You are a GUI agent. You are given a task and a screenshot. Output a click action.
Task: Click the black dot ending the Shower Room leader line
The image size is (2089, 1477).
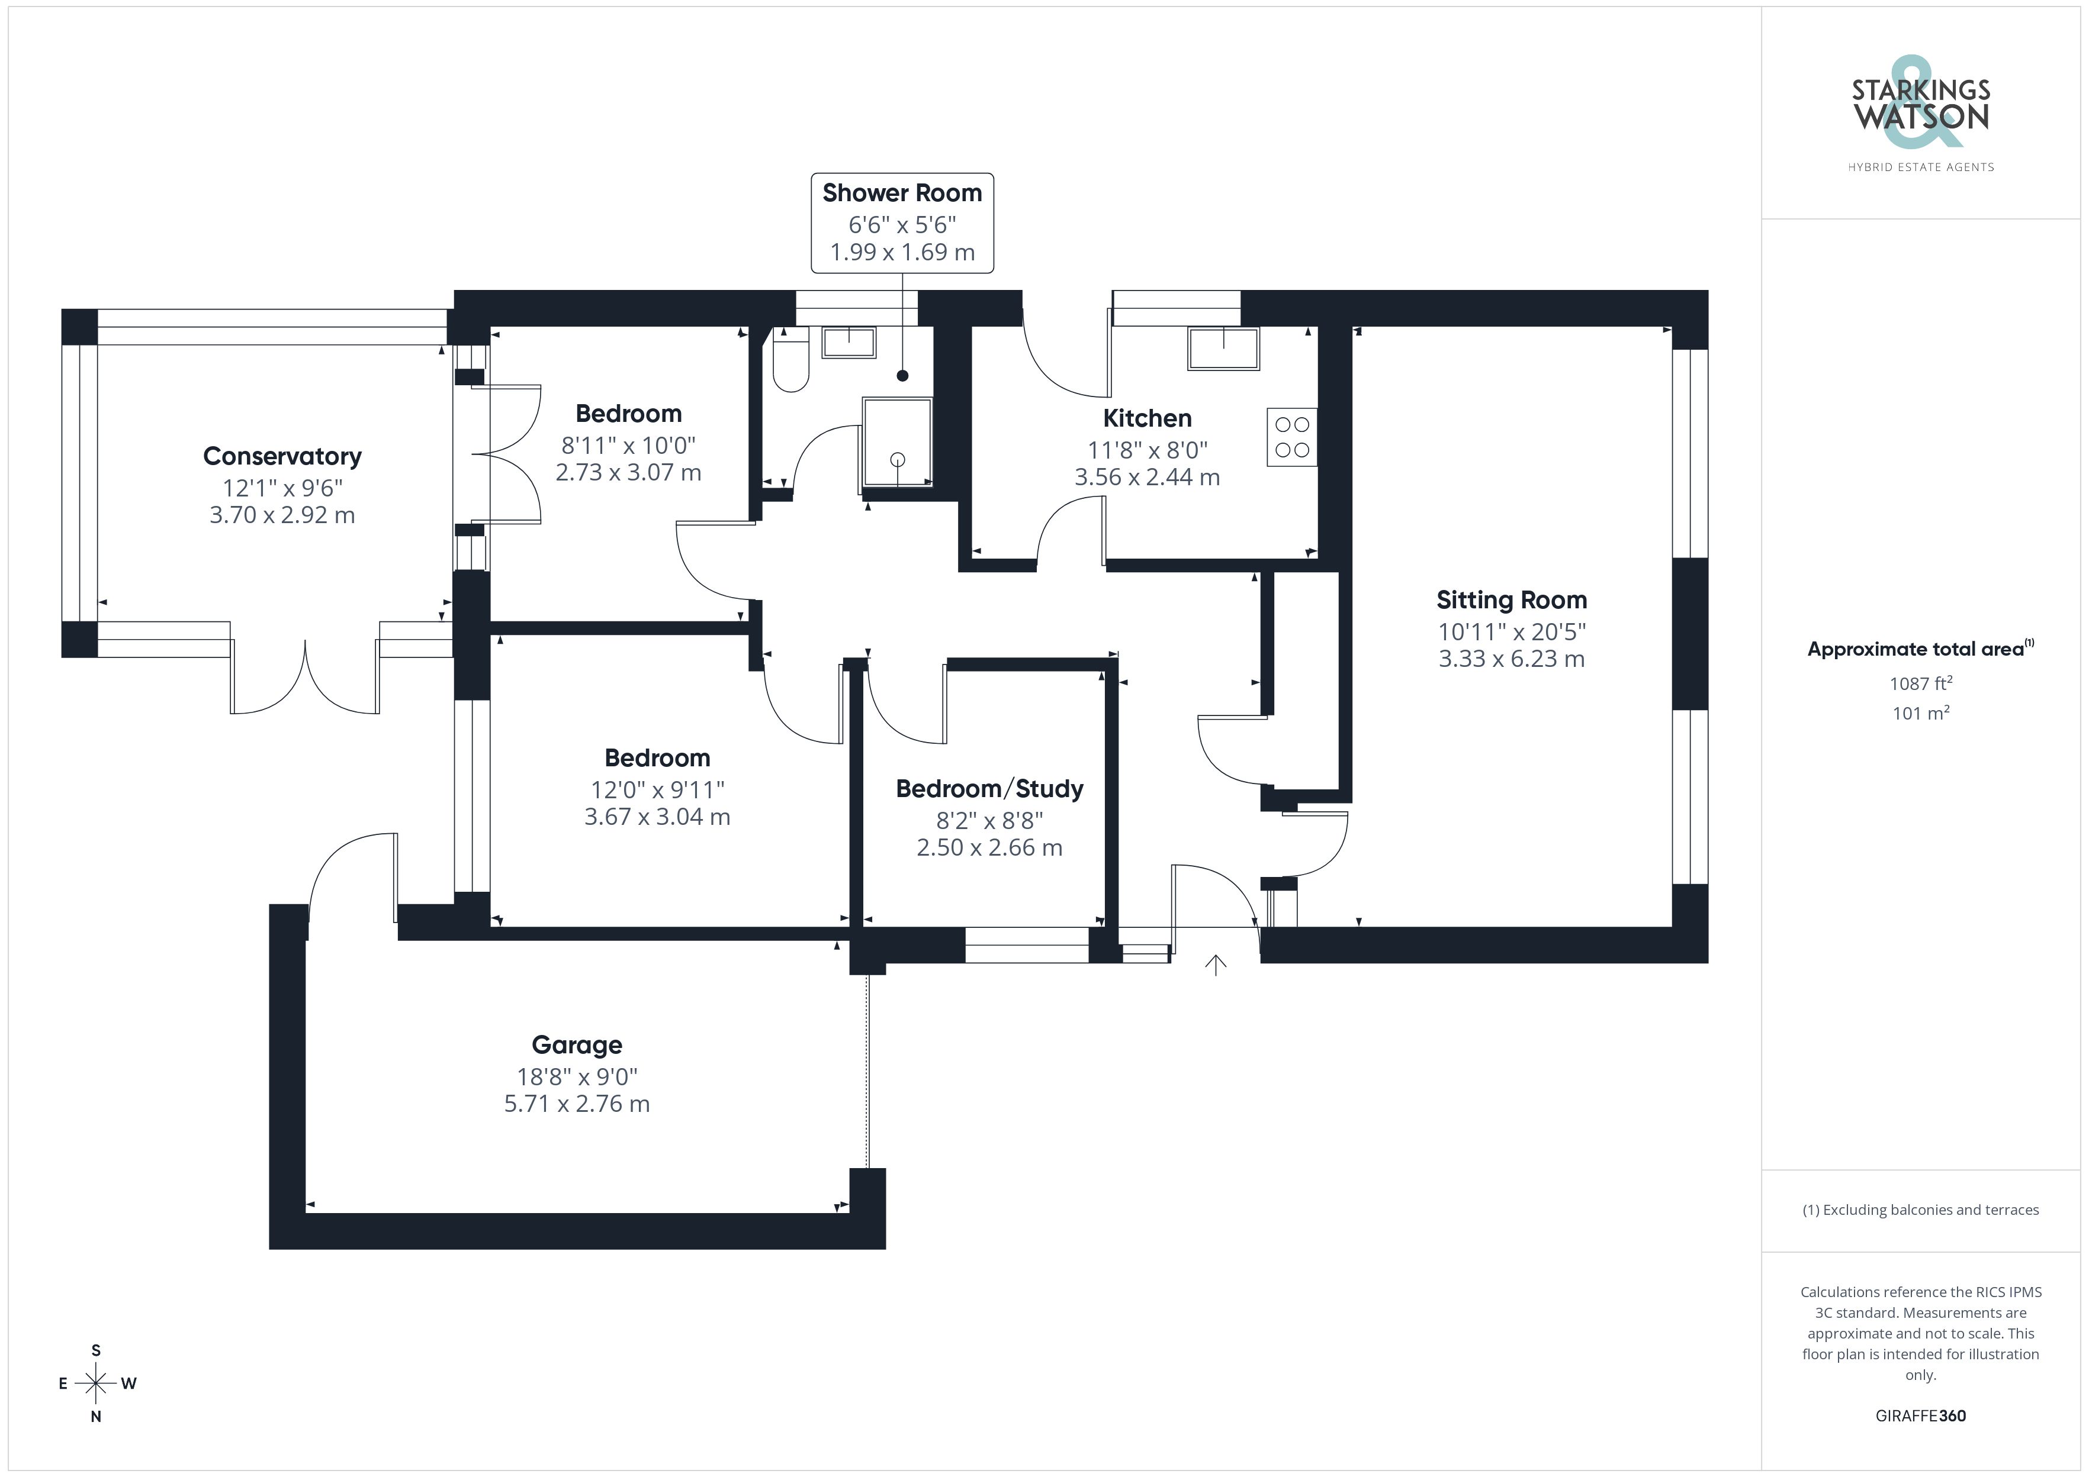click(902, 376)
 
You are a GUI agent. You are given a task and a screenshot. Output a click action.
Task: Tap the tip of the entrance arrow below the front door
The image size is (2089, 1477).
click(1216, 956)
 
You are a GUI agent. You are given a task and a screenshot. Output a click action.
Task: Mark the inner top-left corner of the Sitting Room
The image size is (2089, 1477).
click(1353, 327)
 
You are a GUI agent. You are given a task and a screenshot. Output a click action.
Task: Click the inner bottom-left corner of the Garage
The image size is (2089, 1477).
click(307, 1212)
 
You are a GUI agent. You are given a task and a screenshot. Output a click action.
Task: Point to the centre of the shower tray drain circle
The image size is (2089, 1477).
click(898, 459)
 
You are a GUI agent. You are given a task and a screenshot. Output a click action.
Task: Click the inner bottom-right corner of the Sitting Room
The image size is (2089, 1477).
click(1672, 927)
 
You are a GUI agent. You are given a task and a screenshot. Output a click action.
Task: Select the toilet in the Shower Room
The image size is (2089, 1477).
click(790, 359)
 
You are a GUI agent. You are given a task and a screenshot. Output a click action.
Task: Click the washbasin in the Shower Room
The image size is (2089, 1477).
click(849, 343)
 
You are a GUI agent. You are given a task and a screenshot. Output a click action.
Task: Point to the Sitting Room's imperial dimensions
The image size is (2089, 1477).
click(1511, 631)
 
